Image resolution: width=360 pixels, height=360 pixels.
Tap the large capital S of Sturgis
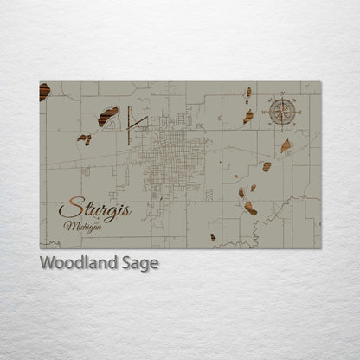click(x=65, y=209)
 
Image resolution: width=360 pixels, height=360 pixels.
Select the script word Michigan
click(x=81, y=226)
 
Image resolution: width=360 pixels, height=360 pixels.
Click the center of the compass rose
click(x=283, y=110)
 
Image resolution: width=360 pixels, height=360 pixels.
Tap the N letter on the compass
click(x=283, y=95)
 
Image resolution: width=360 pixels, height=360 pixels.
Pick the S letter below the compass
click(x=283, y=125)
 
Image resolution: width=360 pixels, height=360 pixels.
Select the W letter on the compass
click(x=268, y=110)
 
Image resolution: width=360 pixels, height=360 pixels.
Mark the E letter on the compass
click(x=298, y=110)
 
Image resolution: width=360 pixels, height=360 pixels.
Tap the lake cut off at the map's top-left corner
click(x=43, y=92)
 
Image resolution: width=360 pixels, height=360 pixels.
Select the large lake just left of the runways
click(x=107, y=116)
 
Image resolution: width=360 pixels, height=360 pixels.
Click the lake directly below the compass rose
click(x=286, y=145)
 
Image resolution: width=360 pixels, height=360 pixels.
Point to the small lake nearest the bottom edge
click(x=213, y=236)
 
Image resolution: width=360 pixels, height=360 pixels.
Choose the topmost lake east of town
click(x=248, y=91)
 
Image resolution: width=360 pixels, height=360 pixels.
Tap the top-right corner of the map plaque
click(x=320, y=82)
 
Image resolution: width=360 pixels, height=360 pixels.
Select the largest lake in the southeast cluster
click(x=250, y=209)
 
